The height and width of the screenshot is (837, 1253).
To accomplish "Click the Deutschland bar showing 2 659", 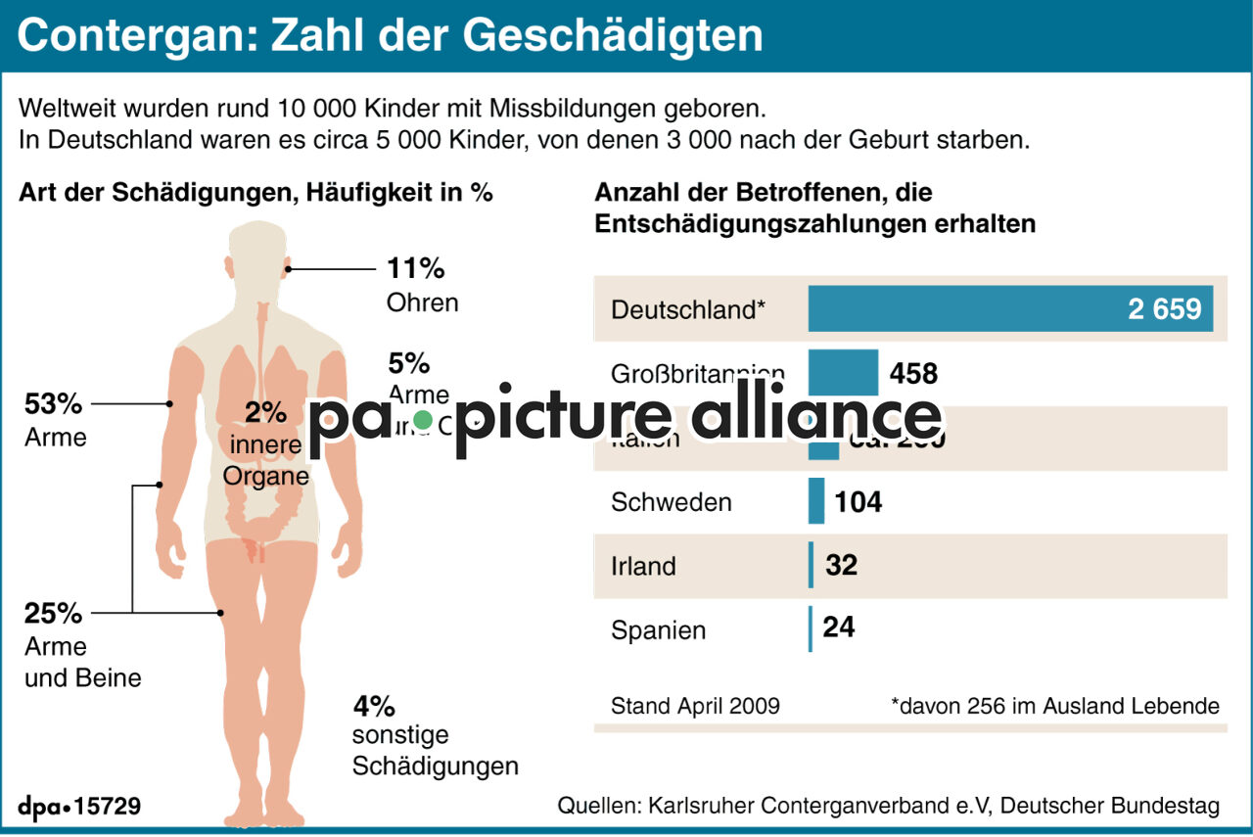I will pyautogui.click(x=1009, y=309).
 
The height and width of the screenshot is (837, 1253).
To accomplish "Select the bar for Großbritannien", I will pyautogui.click(x=843, y=373).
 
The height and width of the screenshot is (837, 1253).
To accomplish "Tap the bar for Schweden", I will pyautogui.click(x=816, y=501).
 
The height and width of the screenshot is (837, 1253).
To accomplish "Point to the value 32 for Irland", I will pyautogui.click(x=842, y=566).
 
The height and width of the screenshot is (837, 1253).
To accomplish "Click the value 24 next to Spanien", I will pyautogui.click(x=839, y=627).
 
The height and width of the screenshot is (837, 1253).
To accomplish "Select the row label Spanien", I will pyautogui.click(x=658, y=630).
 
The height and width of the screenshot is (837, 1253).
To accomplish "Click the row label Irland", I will pyautogui.click(x=643, y=567).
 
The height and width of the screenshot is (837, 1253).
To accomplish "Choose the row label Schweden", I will pyautogui.click(x=671, y=502).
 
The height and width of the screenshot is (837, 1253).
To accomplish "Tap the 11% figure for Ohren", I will pyautogui.click(x=416, y=268).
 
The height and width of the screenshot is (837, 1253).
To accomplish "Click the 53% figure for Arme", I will pyautogui.click(x=53, y=404).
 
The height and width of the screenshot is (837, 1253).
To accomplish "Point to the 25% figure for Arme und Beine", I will pyautogui.click(x=53, y=614).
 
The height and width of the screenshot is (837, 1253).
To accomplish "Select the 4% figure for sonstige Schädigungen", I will pyautogui.click(x=374, y=705).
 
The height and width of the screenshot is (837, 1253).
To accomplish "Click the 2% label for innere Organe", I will pyautogui.click(x=265, y=412).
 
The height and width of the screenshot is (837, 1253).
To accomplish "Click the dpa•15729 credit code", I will pyautogui.click(x=79, y=807).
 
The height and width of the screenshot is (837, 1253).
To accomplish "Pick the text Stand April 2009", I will pyautogui.click(x=695, y=706).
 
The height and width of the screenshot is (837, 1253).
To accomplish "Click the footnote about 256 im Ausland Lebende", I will pyautogui.click(x=1054, y=706).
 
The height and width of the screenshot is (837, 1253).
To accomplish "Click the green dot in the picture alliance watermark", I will pyautogui.click(x=422, y=420).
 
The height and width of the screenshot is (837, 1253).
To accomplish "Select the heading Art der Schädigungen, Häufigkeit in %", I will pyautogui.click(x=255, y=193).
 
